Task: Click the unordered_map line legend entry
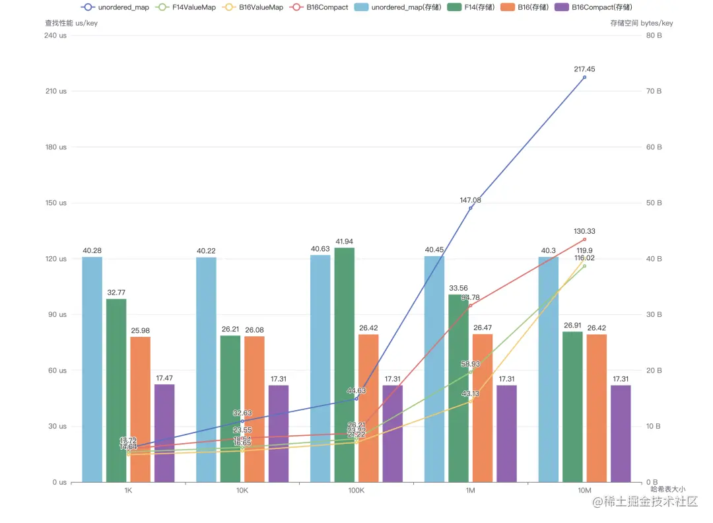tap(115, 7)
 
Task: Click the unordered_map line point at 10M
tap(584, 77)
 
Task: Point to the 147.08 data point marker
tap(471, 208)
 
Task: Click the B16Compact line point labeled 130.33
tap(584, 239)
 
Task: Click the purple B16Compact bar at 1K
tap(164, 433)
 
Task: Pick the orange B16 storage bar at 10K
tap(254, 409)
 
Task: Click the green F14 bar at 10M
tap(572, 406)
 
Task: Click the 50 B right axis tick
tap(653, 203)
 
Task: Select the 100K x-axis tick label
tap(356, 491)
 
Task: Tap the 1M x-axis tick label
tap(470, 491)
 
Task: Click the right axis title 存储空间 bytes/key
tap(642, 23)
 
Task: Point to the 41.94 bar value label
tap(344, 242)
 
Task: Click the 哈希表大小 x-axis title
tap(667, 489)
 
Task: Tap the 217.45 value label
tap(584, 69)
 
